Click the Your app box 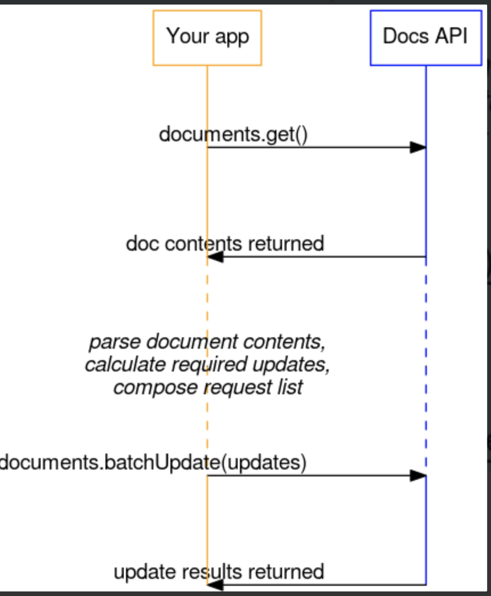[x=207, y=38]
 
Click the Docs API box [x=425, y=38]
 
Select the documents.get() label [x=233, y=135]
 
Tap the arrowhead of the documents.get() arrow [x=418, y=148]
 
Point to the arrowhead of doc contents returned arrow [x=215, y=257]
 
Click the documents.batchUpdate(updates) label [x=153, y=462]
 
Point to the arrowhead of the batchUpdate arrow [x=418, y=475]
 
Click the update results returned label [x=219, y=571]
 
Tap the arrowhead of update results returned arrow [x=215, y=585]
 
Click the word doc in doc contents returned [x=143, y=243]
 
